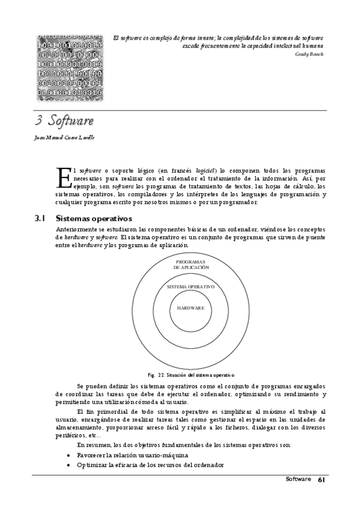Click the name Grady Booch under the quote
[309, 54]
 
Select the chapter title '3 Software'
[64, 120]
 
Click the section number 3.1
[41, 218]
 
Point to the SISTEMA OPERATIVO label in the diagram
[191, 286]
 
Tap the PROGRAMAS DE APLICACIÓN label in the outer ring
[191, 264]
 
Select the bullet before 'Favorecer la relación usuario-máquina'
[69, 455]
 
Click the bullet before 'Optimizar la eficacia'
[69, 465]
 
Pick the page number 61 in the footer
[322, 479]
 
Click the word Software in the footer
[298, 479]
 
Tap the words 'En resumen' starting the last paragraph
[93, 444]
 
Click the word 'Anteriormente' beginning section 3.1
[75, 230]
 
